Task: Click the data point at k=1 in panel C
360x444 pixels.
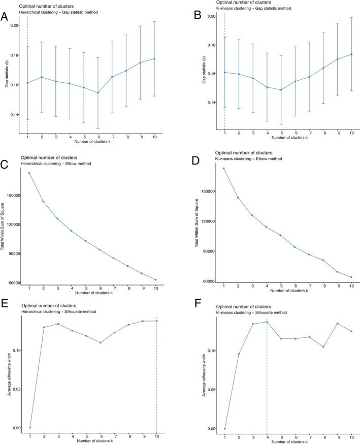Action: pyautogui.click(x=29, y=173)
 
